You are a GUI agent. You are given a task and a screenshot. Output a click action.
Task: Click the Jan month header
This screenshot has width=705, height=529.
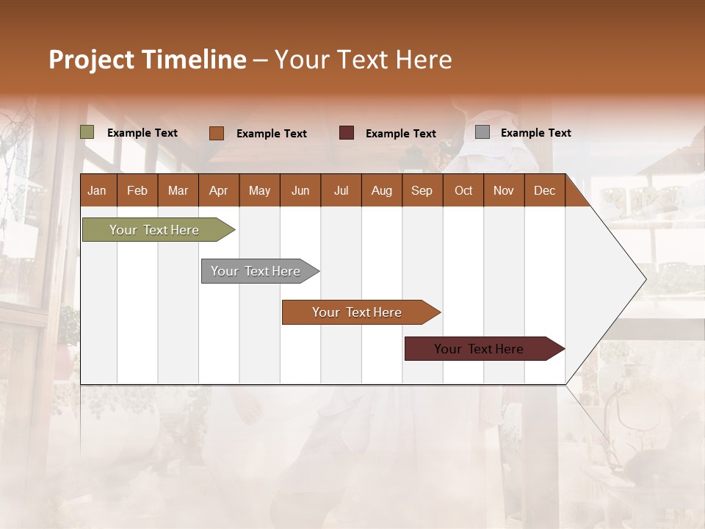point(98,190)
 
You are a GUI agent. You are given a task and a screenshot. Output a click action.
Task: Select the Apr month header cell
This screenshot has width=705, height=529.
point(219,190)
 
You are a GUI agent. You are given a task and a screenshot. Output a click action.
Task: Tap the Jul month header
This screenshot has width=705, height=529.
point(341,190)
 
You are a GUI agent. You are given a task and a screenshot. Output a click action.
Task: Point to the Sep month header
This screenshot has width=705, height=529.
point(422,190)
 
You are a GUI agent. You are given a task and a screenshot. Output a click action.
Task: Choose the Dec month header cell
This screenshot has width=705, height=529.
point(544,190)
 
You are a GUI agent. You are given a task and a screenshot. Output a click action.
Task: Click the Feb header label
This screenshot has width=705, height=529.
point(137,190)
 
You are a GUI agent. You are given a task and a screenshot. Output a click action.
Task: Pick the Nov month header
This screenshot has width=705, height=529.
point(504,190)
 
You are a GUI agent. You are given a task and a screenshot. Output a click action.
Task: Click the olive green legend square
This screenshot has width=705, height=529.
point(87,132)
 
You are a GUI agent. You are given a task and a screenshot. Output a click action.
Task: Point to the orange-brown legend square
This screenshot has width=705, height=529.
point(217,133)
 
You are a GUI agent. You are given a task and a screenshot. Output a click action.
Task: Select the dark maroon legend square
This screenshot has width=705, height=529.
point(347,133)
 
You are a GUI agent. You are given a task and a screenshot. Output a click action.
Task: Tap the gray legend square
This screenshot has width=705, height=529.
point(482,132)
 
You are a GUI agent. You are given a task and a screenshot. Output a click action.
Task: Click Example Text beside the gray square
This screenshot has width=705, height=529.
point(535,133)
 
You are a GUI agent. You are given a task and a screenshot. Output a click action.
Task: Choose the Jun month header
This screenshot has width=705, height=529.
point(300,190)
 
